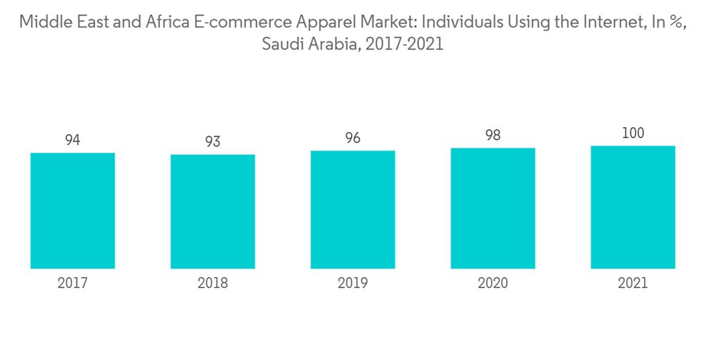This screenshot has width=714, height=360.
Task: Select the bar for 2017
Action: pos(73,211)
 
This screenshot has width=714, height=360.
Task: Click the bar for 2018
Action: pos(213,211)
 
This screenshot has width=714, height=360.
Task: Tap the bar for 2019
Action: pos(353,209)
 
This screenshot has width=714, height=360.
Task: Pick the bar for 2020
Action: pos(493,208)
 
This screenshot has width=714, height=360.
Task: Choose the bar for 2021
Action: pos(633,207)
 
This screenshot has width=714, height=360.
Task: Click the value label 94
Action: pos(73,140)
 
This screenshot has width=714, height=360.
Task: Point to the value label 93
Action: pos(213,141)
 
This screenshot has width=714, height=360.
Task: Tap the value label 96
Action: pos(353,138)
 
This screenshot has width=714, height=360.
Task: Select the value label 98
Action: pos(493,135)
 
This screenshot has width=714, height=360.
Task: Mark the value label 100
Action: pos(633,133)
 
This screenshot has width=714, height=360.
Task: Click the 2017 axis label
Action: pos(73,284)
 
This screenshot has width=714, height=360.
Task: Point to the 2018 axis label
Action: pos(213,284)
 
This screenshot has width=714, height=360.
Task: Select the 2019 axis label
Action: pos(353,284)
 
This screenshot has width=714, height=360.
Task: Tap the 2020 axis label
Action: pos(493,284)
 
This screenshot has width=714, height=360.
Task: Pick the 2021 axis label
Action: pos(633,284)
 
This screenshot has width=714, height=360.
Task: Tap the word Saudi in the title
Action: pos(280,44)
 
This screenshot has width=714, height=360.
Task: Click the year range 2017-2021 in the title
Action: pos(406,44)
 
